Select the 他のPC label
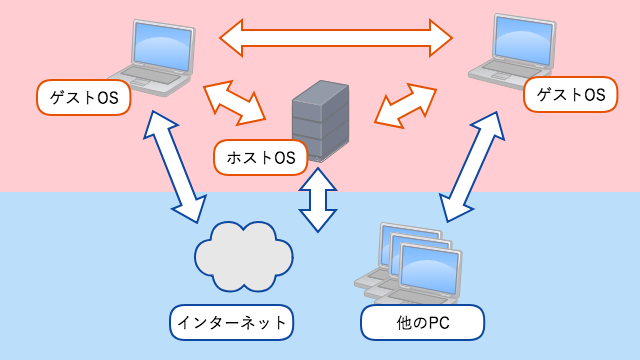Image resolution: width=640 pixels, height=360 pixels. coord(421,322)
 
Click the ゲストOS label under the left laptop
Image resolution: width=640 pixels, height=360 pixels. coord(84,97)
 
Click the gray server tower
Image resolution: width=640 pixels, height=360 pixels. coord(321,120)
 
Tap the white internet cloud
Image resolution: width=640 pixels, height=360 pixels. coord(244,255)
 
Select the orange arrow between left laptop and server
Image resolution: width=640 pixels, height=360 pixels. coord(233,101)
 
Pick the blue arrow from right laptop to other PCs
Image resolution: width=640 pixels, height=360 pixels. coord(470,165)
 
